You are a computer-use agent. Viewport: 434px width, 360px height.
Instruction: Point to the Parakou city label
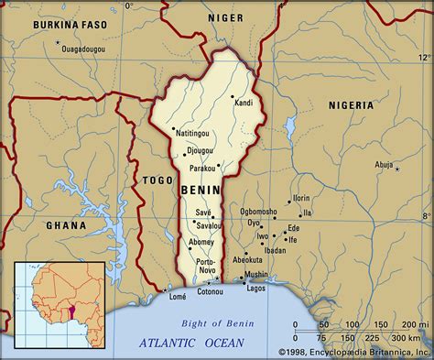pos(204,168)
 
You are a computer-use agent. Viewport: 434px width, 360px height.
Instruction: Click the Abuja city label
pos(385,164)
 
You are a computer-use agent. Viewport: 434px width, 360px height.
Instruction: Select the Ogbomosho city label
pos(258,211)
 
